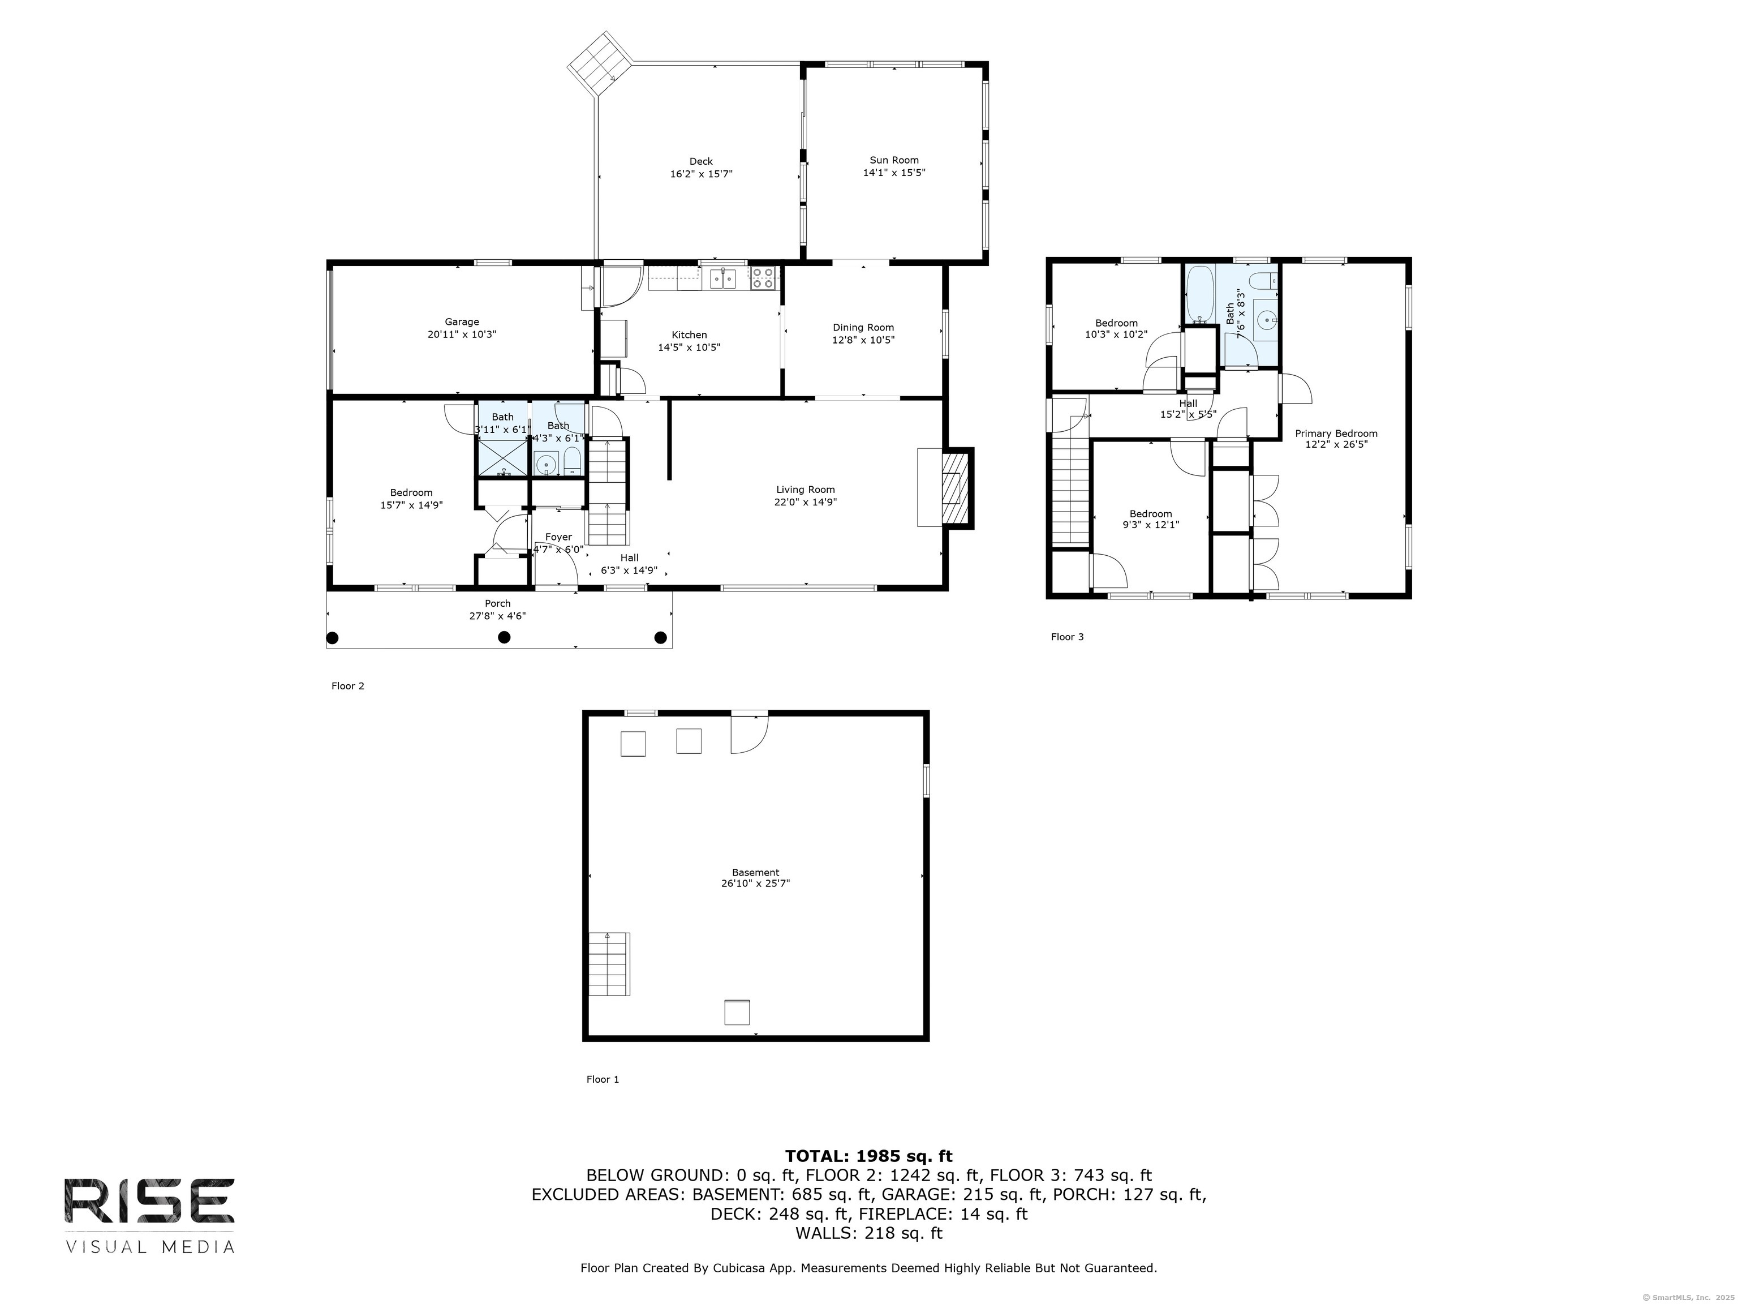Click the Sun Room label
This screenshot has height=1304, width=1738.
point(894,160)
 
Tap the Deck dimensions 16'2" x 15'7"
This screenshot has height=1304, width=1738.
point(701,174)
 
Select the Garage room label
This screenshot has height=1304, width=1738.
point(462,321)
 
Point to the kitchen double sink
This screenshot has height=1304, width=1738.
point(723,278)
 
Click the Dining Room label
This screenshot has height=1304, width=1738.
point(863,328)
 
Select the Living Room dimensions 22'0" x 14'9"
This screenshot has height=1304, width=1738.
point(806,501)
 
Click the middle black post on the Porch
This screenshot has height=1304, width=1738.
point(505,637)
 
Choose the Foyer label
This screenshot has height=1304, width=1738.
point(558,538)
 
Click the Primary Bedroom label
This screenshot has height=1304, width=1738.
point(1336,433)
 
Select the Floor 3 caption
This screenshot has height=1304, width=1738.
point(1067,637)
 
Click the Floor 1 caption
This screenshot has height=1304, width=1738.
point(603,1079)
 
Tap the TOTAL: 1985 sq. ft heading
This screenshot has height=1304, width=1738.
point(868,1156)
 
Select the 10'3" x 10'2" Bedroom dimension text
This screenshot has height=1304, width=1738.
point(1116,334)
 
